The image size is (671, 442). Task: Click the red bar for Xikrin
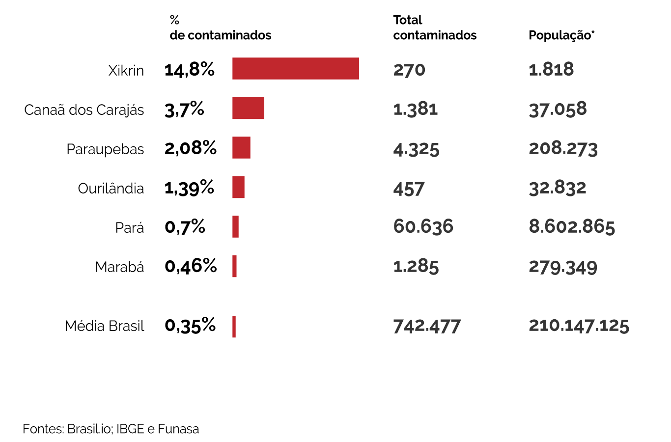tap(295, 68)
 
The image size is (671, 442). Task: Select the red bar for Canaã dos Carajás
tap(248, 108)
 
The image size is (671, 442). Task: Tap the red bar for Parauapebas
tap(241, 147)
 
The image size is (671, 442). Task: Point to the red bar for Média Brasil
tap(234, 327)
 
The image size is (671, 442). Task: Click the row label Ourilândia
tap(111, 188)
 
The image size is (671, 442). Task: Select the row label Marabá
tap(119, 267)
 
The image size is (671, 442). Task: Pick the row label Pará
tap(130, 228)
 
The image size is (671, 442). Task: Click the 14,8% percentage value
tap(189, 70)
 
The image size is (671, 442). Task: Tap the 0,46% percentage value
tap(191, 266)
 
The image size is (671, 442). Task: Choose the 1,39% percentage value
tap(189, 188)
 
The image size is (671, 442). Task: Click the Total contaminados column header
tap(435, 28)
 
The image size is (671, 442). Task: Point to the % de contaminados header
tap(220, 28)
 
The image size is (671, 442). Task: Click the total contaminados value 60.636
tap(423, 226)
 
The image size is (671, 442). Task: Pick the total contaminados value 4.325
tap(416, 149)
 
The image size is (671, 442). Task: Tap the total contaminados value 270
tap(409, 70)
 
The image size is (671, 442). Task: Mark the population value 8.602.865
tap(572, 226)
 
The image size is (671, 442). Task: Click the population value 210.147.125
tap(579, 325)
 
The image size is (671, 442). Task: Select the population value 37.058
tap(558, 109)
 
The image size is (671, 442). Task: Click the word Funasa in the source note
tap(178, 429)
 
